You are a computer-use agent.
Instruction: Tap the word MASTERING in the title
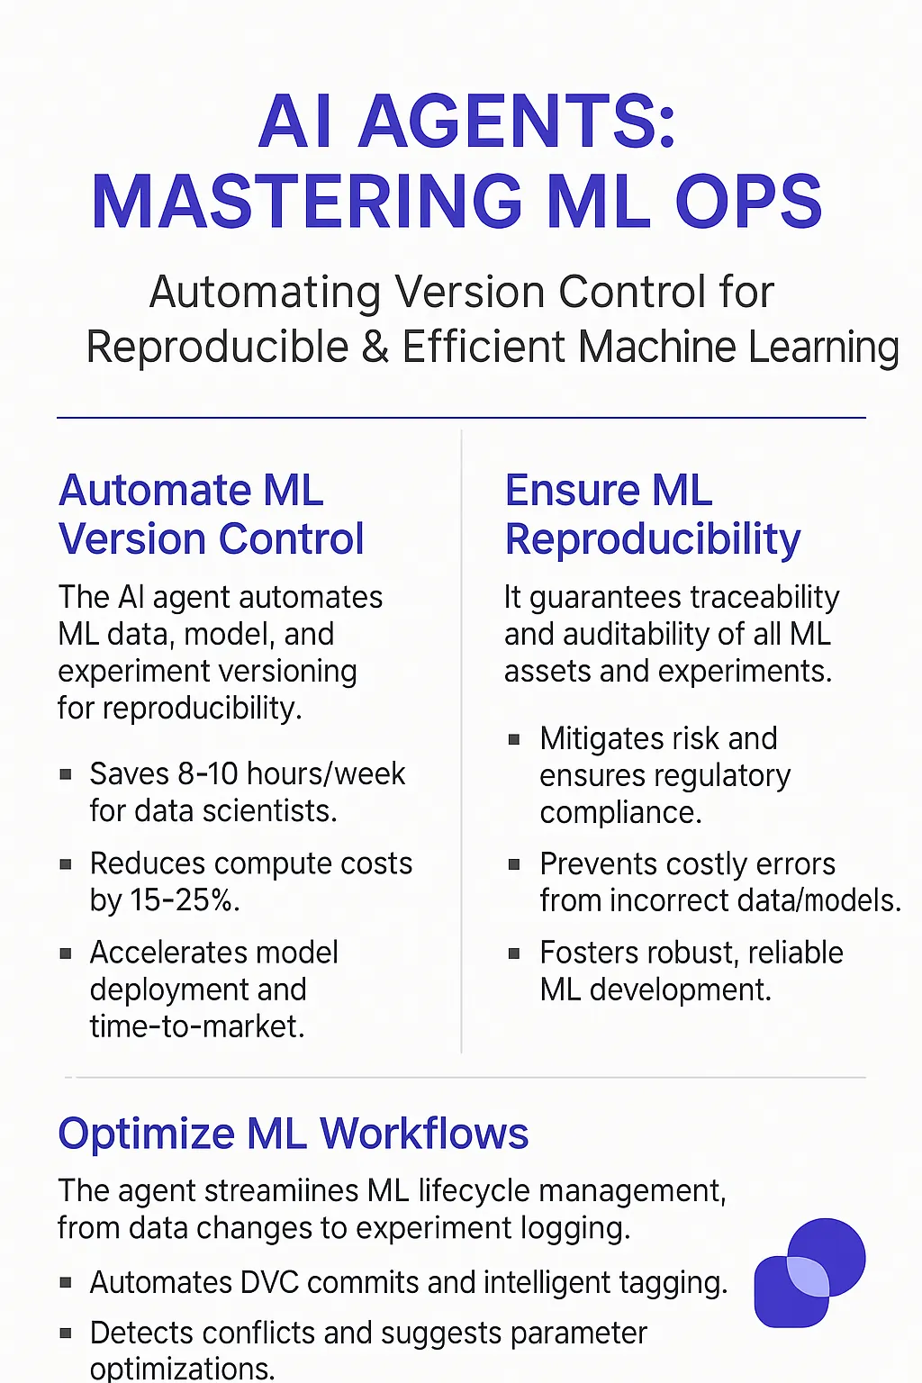pyautogui.click(x=307, y=202)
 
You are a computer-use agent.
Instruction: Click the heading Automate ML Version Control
pyautogui.click(x=212, y=514)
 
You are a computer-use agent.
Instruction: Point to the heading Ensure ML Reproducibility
pyautogui.click(x=652, y=515)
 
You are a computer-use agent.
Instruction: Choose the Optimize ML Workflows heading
pyautogui.click(x=294, y=1134)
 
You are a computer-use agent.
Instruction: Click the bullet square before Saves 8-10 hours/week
pyautogui.click(x=66, y=774)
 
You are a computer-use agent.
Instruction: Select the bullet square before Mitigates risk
pyautogui.click(x=514, y=739)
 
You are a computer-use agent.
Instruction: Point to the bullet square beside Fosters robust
pyautogui.click(x=514, y=954)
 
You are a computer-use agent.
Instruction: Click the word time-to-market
pyautogui.click(x=197, y=1026)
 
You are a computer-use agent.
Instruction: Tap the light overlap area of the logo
pyautogui.click(x=809, y=1277)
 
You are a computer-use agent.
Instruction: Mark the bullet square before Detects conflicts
pyautogui.click(x=66, y=1333)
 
